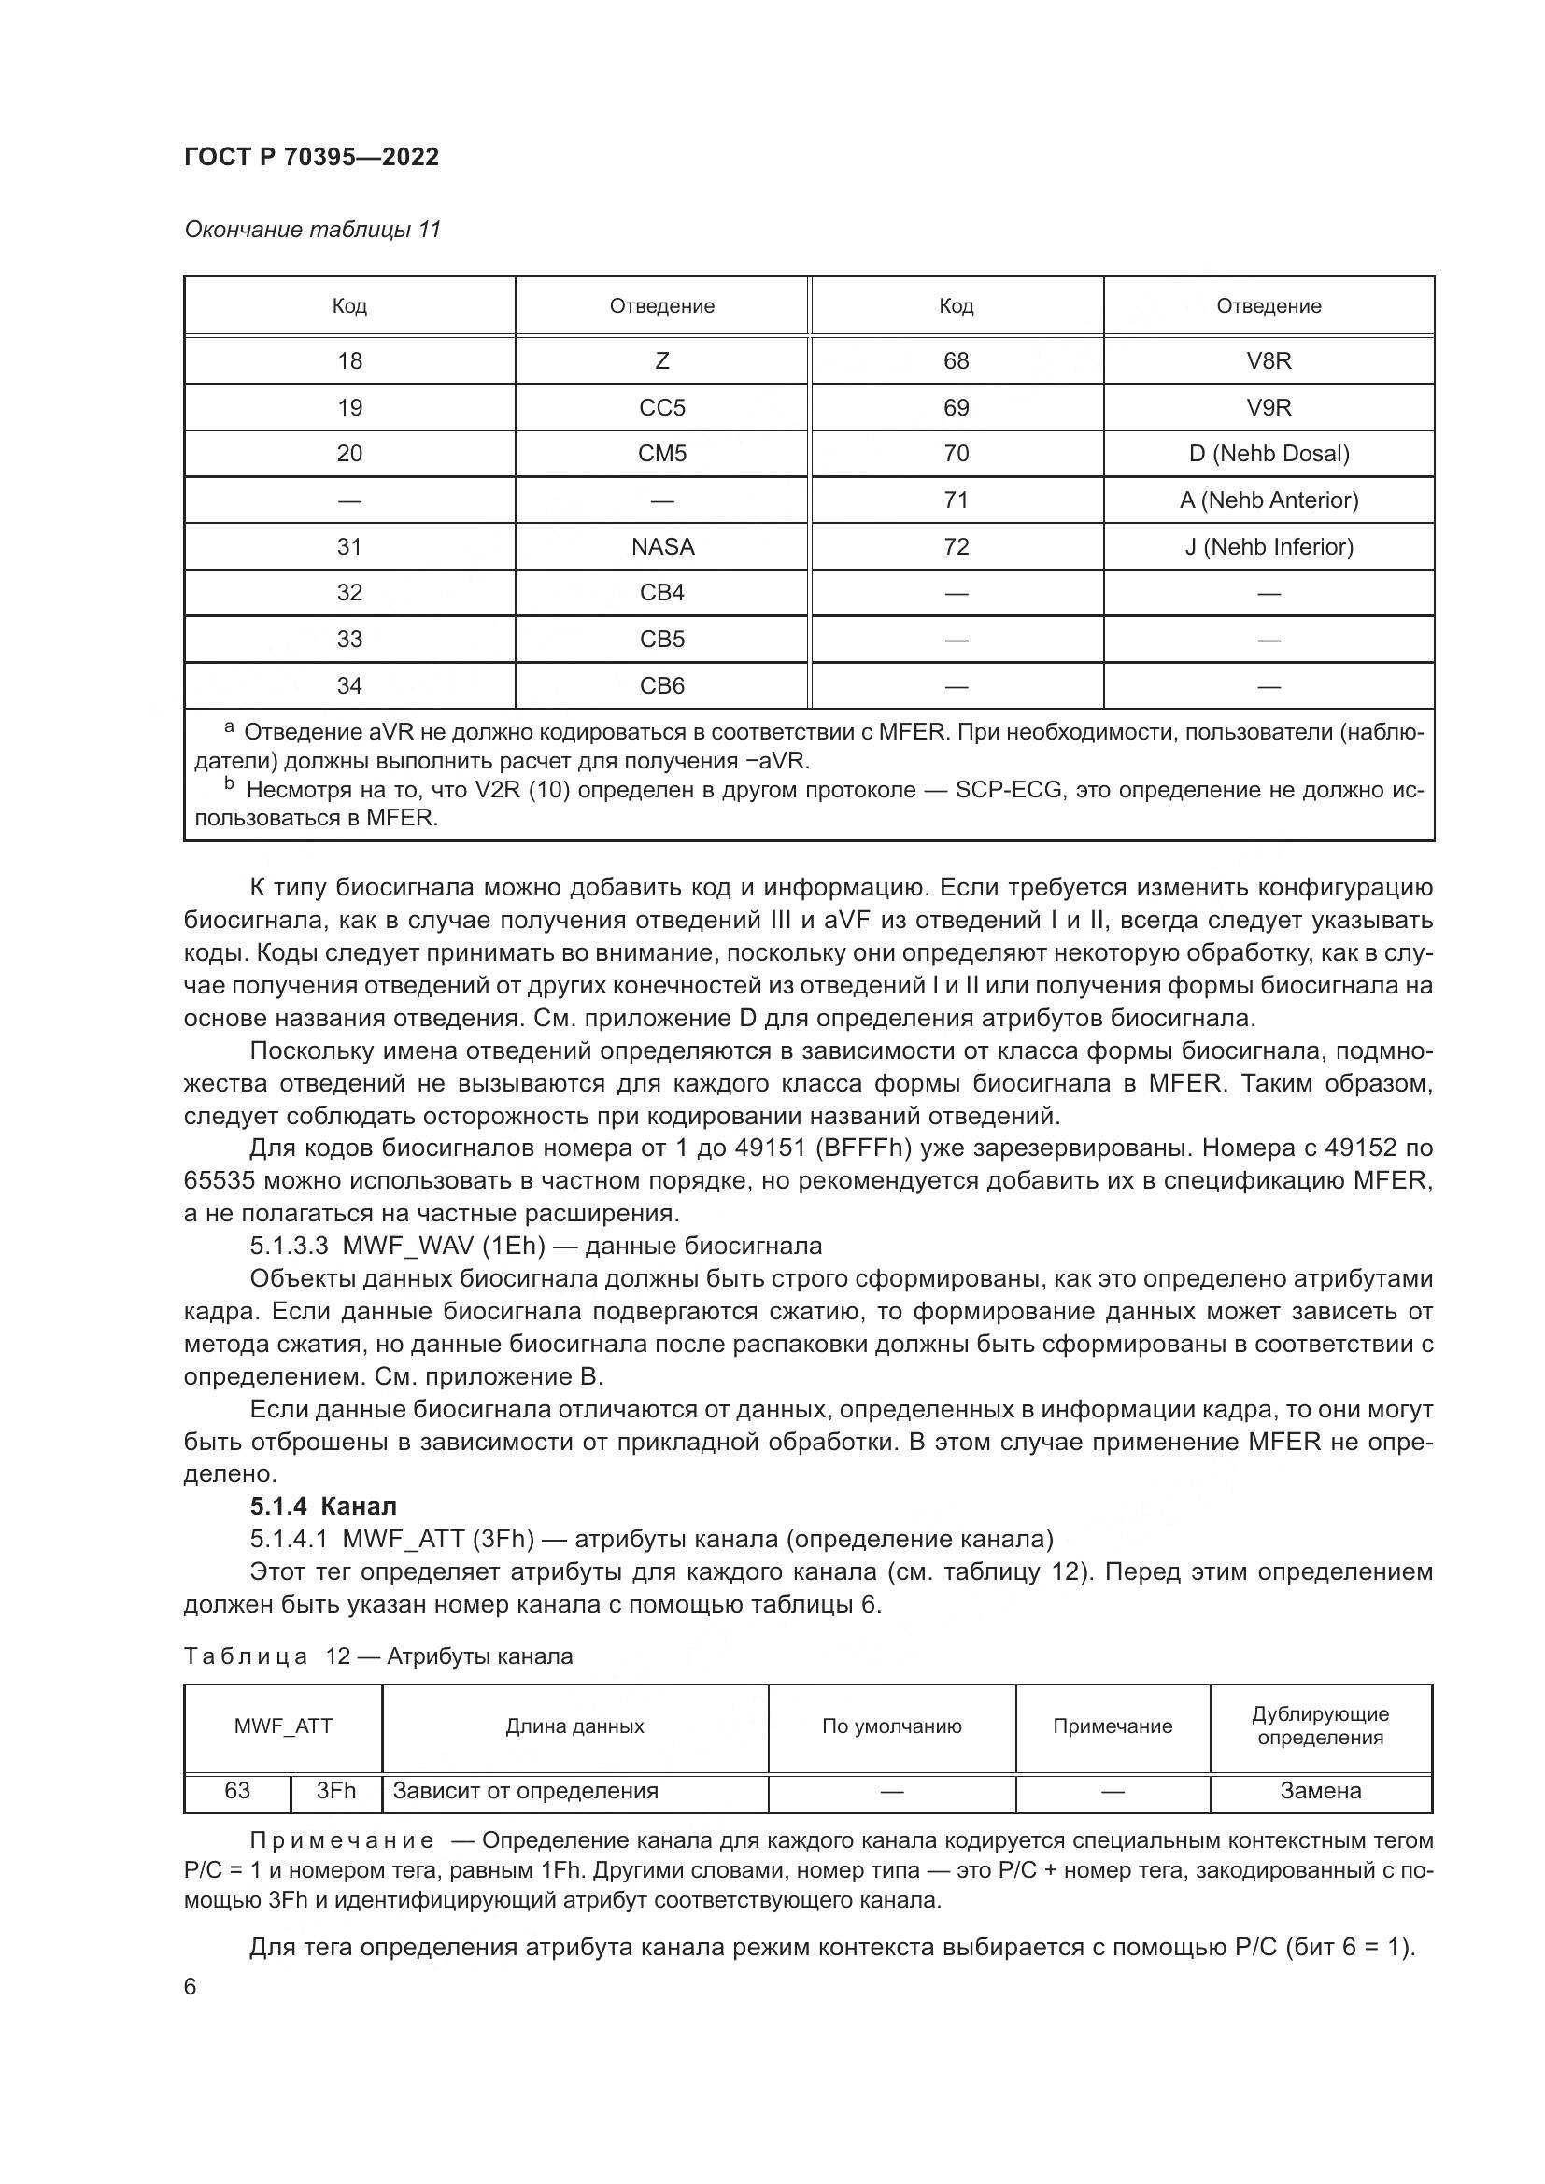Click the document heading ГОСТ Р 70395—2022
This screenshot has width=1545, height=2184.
pos(311,157)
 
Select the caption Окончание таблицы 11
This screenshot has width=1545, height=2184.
pos(312,230)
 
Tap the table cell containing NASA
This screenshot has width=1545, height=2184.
pos(662,546)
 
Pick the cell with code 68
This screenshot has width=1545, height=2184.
pos(956,360)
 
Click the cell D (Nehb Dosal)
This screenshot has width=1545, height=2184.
pos(1269,453)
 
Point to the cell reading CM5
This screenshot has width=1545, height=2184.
pos(662,453)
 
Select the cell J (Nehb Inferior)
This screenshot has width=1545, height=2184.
pos(1269,546)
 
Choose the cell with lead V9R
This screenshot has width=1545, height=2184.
pos(1269,407)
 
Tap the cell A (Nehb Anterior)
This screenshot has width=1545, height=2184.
pos(1269,500)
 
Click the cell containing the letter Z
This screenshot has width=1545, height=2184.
pos(662,360)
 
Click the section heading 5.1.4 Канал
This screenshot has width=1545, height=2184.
pos(323,1506)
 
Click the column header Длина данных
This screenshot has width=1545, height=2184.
pos(574,1726)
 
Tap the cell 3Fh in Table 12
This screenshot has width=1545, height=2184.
pos(336,1791)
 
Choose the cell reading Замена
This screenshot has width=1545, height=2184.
pos(1320,1791)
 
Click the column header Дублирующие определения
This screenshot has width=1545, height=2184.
pos(1320,1726)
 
